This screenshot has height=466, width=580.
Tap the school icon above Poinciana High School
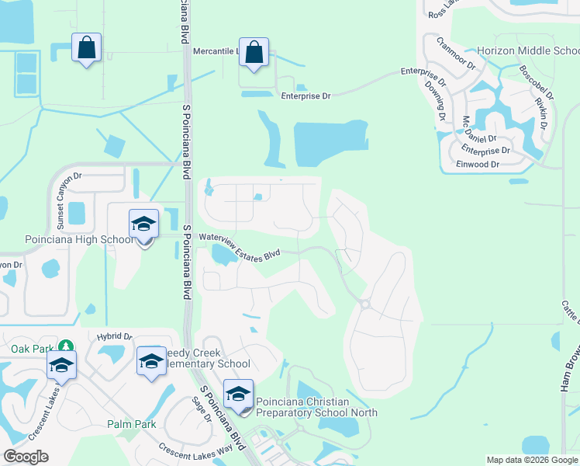(x=143, y=224)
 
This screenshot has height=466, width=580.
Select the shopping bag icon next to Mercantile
(x=254, y=53)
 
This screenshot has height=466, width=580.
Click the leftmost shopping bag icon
(x=86, y=48)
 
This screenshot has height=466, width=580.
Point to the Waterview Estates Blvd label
(x=239, y=243)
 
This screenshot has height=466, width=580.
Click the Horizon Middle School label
(x=527, y=51)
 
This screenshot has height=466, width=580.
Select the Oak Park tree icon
(x=67, y=346)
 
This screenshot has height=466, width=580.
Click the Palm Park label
(x=132, y=424)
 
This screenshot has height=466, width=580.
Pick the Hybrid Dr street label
(x=115, y=336)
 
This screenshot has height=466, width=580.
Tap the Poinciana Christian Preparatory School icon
(x=239, y=395)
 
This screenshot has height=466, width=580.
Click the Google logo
(x=26, y=457)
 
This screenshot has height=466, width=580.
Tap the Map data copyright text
(x=532, y=460)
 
